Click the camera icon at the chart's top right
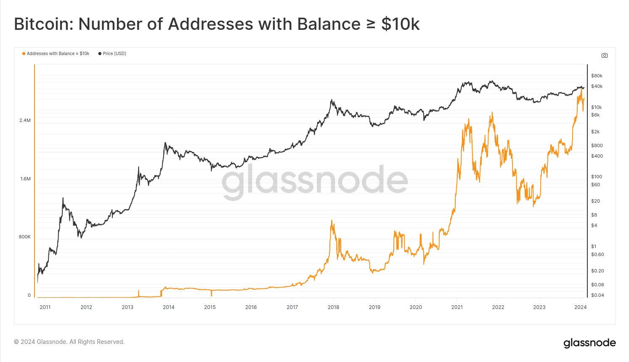(x=605, y=55)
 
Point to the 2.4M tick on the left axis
(x=25, y=121)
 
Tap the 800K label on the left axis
(x=25, y=237)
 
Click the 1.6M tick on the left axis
(x=25, y=179)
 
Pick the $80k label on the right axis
(x=597, y=76)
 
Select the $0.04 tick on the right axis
(x=597, y=295)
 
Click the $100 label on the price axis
(x=596, y=177)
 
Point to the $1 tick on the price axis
(x=594, y=246)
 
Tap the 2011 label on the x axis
(x=45, y=307)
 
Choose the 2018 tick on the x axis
(x=333, y=307)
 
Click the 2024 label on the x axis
(x=580, y=307)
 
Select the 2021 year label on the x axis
(x=457, y=307)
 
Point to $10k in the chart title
(x=400, y=24)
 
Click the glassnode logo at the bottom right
(x=589, y=343)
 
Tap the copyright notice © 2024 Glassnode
(x=69, y=342)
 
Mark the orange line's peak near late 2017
(x=332, y=220)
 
